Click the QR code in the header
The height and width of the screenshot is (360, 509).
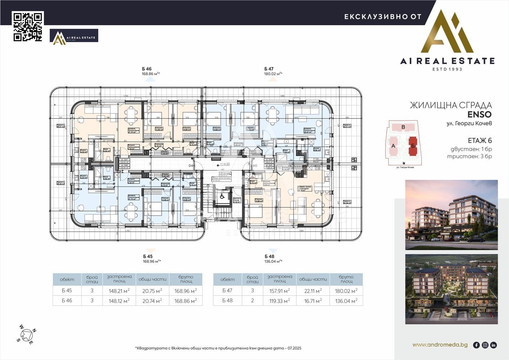[28, 27]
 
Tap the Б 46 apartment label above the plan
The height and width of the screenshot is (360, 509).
[147, 69]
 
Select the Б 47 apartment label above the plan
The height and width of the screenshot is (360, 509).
[269, 69]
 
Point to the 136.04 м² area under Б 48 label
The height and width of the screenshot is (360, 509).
[274, 262]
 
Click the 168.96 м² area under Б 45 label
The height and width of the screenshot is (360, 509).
[152, 262]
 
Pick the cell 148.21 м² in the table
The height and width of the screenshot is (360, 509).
[119, 291]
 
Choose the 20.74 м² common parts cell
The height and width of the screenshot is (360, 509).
[152, 301]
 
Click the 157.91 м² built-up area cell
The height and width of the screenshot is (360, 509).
[280, 291]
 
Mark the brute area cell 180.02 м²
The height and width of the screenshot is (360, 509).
[346, 291]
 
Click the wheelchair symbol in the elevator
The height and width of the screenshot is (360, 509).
[222, 197]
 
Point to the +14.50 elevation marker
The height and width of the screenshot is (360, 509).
[225, 164]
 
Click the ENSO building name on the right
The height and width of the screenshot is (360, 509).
[479, 114]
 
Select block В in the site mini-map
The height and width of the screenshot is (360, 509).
[403, 127]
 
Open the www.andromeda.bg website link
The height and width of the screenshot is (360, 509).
[440, 345]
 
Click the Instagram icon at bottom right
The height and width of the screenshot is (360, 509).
[485, 345]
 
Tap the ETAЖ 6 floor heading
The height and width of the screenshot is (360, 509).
[479, 140]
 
